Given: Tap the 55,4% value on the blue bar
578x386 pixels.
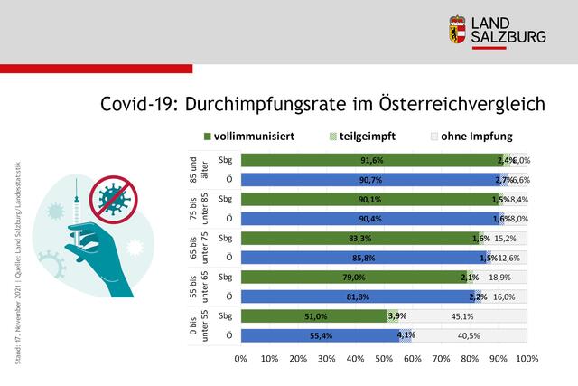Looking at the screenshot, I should coord(321,334).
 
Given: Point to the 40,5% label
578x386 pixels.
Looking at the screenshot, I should coord(469,334).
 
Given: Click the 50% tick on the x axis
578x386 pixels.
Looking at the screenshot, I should coord(384,359).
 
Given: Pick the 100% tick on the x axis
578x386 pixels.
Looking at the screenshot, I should coord(527,359).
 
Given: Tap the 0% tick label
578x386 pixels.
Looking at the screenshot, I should coord(240,359).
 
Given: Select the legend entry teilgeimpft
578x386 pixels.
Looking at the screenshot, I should coord(364,137).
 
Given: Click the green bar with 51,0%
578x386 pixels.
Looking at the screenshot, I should coord(313,315).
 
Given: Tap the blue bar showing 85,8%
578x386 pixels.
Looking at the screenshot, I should coord(363,257).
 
